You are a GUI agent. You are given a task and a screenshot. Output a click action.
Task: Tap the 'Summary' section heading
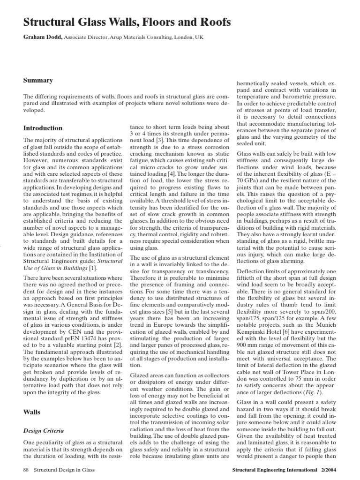(x=38, y=80)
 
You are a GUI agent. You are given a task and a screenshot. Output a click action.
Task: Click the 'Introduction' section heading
(x=43, y=128)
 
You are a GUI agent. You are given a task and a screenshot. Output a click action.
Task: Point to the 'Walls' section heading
(x=31, y=412)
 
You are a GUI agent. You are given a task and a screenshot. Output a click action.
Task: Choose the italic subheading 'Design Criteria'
(x=44, y=430)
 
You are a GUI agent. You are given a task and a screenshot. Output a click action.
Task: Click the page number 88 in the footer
(x=26, y=469)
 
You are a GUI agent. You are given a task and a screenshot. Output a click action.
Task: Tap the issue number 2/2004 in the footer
(x=327, y=469)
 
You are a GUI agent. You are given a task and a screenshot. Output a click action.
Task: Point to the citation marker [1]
(x=93, y=268)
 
